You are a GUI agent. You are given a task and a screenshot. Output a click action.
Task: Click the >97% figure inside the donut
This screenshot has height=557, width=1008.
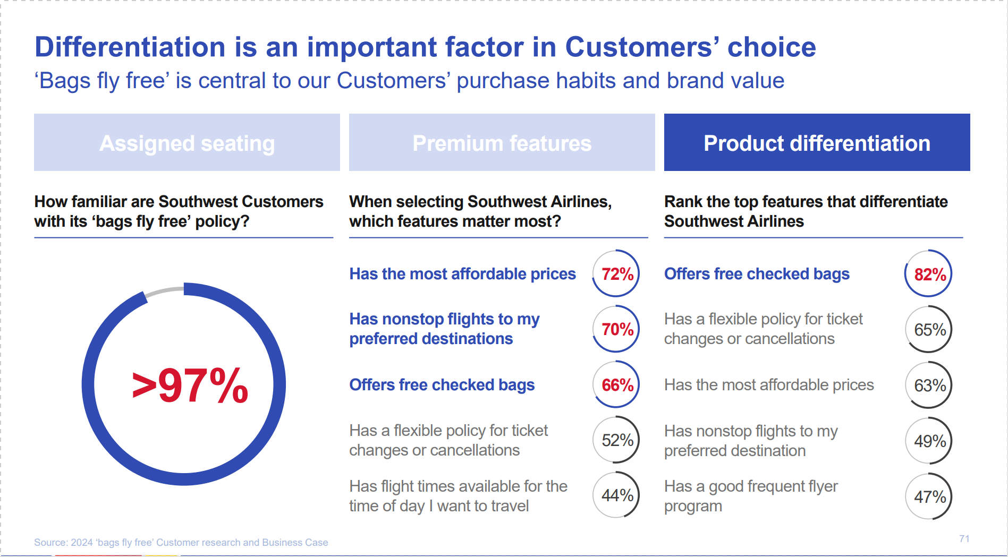pos(190,385)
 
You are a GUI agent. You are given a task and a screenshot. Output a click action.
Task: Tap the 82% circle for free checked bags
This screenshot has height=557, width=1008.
pos(928,274)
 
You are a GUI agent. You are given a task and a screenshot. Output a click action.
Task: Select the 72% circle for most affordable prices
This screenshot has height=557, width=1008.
pos(616,273)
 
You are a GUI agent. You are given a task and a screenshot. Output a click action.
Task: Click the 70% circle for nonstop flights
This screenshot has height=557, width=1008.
pos(616,329)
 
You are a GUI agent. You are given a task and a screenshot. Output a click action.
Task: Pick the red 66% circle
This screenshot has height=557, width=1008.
pos(616,384)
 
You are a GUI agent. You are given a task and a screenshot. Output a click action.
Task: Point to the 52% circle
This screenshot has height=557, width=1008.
pos(616,440)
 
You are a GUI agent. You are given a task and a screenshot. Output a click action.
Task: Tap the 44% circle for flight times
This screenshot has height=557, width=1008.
pos(616,495)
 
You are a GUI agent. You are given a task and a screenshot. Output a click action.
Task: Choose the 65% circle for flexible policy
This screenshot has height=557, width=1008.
pos(928,329)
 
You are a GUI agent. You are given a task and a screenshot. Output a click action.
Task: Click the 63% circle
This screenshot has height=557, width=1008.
pos(928,385)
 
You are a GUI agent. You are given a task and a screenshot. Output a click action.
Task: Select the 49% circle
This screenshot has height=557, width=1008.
pos(928,441)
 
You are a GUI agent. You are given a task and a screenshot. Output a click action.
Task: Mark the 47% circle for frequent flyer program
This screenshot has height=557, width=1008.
pos(928,496)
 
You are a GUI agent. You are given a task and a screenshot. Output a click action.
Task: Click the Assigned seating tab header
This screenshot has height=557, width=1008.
pos(187,143)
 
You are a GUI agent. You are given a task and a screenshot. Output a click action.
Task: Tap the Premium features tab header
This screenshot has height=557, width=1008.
pos(502,143)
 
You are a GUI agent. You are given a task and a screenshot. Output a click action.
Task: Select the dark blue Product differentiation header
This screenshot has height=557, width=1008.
pos(817,143)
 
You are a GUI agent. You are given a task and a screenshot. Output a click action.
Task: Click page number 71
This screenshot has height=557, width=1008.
pos(964,538)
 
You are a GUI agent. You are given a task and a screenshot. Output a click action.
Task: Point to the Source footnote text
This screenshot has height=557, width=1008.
pos(181,542)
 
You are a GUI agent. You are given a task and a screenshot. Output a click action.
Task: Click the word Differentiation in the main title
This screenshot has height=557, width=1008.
pos(130,47)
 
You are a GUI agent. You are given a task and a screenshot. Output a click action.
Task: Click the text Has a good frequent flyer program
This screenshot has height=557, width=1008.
pos(750,496)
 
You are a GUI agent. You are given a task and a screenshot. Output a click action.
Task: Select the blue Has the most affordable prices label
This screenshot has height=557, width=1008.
pos(462,273)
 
